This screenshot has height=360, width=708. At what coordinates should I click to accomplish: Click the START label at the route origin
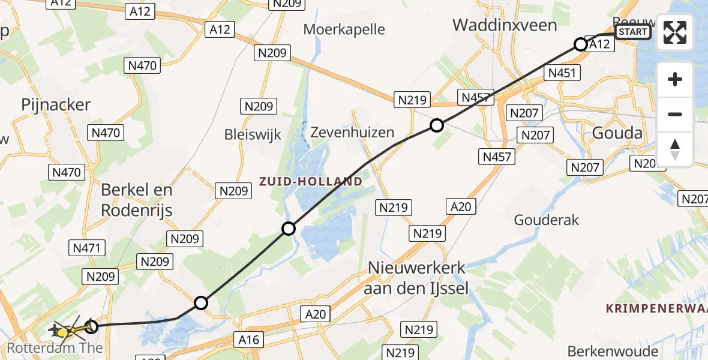(x=633, y=32)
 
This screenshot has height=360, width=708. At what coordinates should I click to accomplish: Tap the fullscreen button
(x=675, y=32)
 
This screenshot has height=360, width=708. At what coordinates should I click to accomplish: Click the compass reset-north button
(x=675, y=149)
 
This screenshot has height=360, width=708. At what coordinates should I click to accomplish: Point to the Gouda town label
(x=617, y=133)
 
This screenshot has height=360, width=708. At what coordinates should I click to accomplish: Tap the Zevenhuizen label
(x=353, y=133)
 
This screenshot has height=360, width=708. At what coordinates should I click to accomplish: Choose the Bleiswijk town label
(x=253, y=134)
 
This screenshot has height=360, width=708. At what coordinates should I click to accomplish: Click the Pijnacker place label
(x=56, y=104)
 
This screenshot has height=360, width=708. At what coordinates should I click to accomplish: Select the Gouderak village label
(x=547, y=220)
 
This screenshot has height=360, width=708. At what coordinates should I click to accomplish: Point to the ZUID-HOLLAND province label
(x=311, y=181)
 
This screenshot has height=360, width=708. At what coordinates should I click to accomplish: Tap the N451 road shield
(x=562, y=73)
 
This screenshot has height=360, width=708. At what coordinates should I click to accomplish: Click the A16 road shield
(x=248, y=340)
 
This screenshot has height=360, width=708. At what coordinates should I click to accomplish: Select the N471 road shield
(x=88, y=247)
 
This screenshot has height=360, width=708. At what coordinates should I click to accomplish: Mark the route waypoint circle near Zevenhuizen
(x=437, y=125)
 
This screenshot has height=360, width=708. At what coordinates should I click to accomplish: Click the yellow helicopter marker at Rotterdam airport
(x=62, y=331)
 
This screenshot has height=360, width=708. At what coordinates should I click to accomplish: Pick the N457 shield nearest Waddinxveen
(x=476, y=97)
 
